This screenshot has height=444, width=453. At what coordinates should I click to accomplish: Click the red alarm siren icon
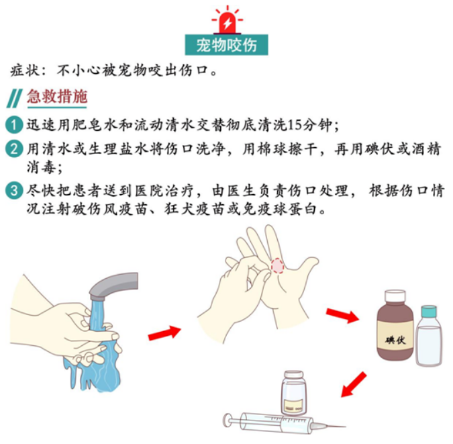228,19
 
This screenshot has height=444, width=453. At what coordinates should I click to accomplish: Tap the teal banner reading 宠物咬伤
227,45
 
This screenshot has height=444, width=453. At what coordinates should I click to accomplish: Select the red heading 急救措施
57,96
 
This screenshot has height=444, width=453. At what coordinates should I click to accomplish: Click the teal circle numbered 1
14,125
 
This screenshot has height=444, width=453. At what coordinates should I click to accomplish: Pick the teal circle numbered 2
14,148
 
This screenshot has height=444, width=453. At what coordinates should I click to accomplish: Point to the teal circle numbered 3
14,191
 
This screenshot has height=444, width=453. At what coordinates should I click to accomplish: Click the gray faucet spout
113,285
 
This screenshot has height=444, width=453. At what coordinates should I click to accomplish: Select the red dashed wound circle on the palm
277,266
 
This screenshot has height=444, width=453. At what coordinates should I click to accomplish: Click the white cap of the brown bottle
395,297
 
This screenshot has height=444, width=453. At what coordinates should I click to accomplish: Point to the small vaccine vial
293,393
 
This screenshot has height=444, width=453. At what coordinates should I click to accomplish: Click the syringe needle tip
346,426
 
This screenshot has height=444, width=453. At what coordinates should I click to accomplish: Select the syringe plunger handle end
227,420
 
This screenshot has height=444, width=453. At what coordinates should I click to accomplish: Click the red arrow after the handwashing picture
164,332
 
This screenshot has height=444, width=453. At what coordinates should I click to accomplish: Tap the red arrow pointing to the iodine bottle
343,315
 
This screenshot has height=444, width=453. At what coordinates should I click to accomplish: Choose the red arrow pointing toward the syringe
354,384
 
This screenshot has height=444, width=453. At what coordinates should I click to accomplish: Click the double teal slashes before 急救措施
15,98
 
